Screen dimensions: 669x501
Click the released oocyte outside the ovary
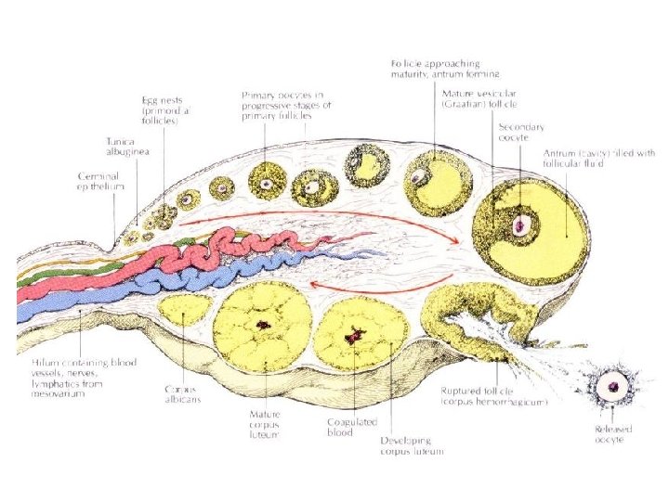[x=612, y=384]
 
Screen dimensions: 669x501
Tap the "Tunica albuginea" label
[x=125, y=148]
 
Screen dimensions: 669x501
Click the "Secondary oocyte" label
[x=521, y=132]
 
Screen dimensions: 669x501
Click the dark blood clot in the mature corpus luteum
[x=263, y=325]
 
